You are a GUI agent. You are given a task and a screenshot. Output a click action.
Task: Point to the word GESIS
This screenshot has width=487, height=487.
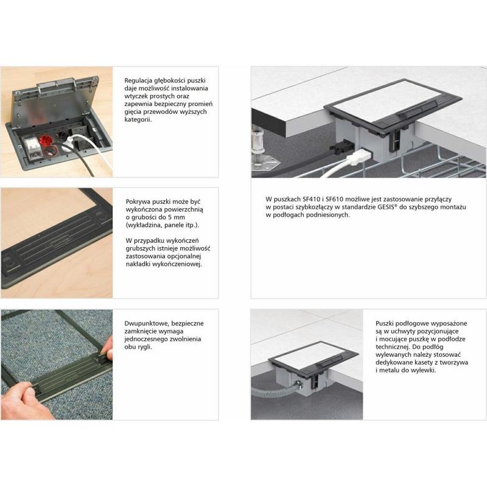386,207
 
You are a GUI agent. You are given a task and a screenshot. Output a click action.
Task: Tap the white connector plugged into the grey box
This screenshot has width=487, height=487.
359,157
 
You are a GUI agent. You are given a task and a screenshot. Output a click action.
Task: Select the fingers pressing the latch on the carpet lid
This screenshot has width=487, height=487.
107,350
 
